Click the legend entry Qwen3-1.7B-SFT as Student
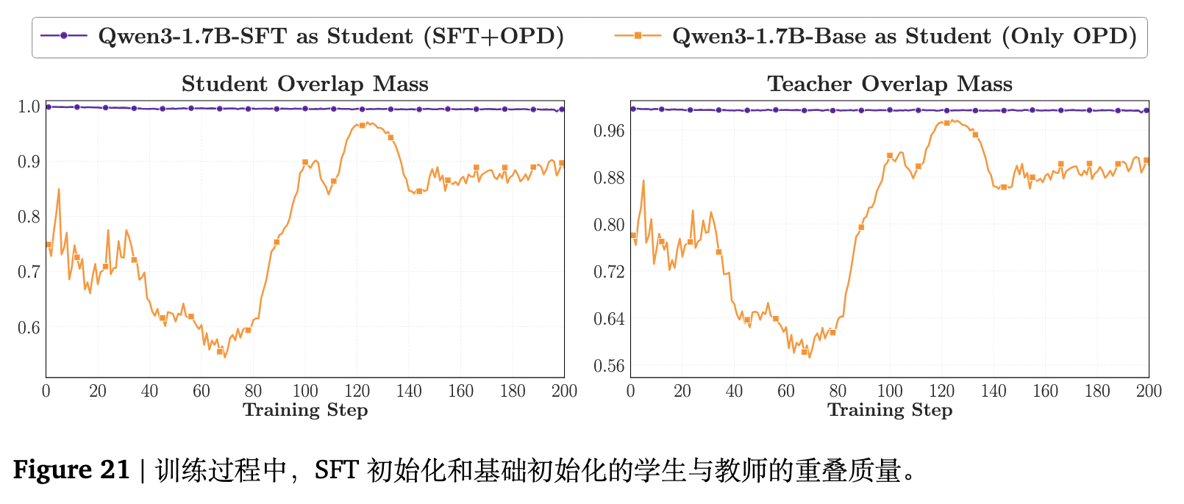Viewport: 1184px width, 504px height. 331,36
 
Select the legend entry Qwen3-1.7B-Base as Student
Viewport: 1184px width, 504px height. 905,36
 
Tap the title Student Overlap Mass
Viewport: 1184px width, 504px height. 304,84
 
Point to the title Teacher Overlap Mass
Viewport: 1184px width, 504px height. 890,84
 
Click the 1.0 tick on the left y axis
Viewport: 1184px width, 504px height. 29,107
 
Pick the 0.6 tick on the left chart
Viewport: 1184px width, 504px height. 29,327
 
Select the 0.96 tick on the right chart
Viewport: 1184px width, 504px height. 609,131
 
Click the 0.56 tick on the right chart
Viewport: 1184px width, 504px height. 609,366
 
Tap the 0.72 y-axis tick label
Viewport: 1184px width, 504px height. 609,272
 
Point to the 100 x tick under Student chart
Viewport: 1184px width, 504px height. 305,392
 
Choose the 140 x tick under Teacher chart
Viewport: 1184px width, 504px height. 994,392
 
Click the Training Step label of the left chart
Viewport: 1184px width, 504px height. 305,410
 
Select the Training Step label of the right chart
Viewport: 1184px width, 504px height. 890,410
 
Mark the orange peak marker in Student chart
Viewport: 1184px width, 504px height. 362,126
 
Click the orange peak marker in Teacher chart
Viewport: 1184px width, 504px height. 946,123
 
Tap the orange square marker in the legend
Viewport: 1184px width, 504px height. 638,35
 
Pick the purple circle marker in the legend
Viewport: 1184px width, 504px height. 64,35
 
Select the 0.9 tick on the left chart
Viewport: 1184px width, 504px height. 29,162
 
